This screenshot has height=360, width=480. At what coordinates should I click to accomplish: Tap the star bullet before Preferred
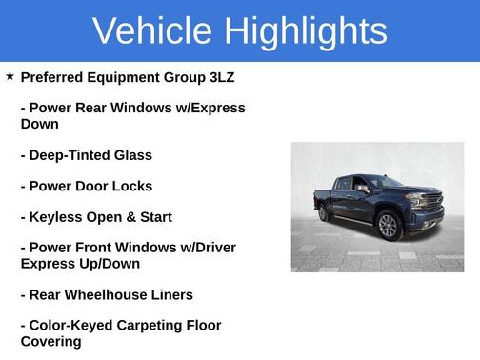coord(10,75)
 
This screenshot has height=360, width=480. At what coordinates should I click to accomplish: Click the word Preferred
coord(54,77)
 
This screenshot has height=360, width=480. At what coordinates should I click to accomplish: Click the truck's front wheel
coord(388,227)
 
